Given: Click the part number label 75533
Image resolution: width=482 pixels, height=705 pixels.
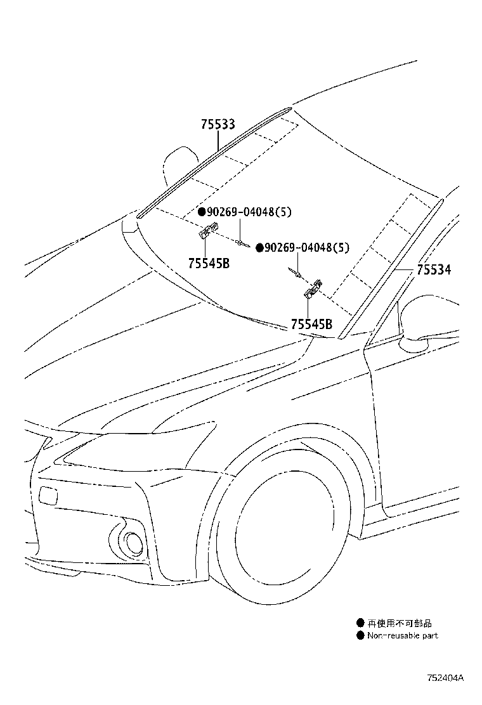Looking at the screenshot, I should point(218,125).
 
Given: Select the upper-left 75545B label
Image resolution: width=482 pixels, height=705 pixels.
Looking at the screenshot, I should point(209,263).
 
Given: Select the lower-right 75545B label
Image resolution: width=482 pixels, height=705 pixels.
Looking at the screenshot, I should point(311,324).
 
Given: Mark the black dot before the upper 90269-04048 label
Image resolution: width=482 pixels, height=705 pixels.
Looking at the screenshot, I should point(201,212).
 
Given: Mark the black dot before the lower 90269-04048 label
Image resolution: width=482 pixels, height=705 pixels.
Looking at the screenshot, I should point(259,248).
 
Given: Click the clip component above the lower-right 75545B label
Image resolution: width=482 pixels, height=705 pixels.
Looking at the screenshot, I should point(313,288).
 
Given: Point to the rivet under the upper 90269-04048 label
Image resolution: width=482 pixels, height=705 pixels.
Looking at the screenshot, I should point(240,242).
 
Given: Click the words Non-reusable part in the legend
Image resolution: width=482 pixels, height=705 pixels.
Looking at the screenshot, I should point(402,635).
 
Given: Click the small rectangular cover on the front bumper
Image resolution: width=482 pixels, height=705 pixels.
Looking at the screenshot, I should point(48,495).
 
